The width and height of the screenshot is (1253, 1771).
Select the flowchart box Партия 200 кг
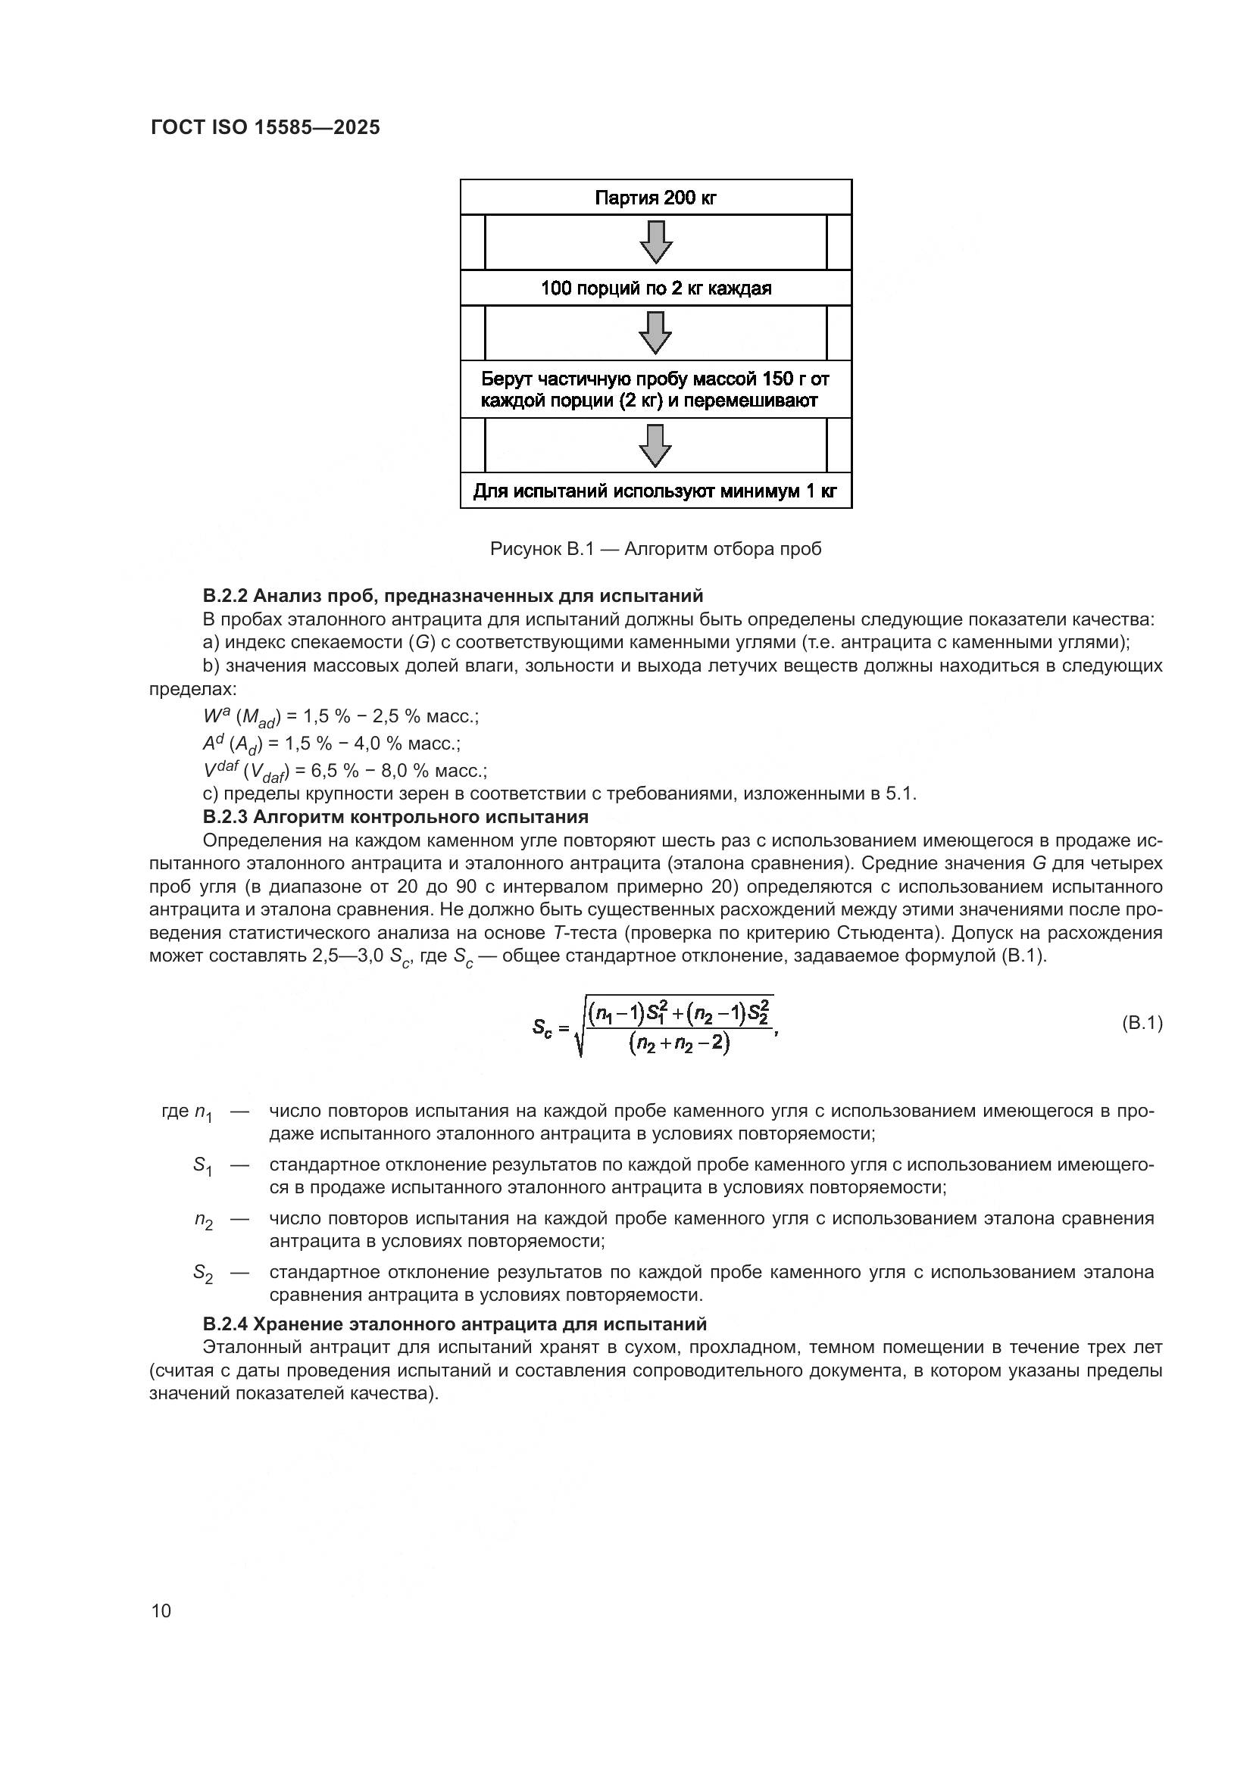click(656, 198)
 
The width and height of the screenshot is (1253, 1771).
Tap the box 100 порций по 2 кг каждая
click(656, 288)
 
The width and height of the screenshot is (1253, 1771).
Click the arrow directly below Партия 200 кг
click(656, 242)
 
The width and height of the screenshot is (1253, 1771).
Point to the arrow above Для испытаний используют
click(656, 445)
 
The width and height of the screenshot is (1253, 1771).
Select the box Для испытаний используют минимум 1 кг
click(656, 491)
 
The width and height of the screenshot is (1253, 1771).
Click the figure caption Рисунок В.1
click(656, 549)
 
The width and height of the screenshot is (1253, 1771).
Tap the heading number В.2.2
click(225, 595)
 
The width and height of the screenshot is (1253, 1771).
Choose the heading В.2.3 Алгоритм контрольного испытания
click(395, 816)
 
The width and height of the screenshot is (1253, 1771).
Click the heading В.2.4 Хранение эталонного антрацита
click(455, 1324)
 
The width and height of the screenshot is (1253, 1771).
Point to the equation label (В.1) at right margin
click(1141, 1023)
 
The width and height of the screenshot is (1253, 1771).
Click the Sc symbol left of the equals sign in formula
click(542, 1027)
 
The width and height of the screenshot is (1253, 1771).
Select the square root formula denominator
click(679, 1044)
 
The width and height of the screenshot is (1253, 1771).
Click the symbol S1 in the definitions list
click(202, 1165)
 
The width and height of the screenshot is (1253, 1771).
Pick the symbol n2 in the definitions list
click(203, 1220)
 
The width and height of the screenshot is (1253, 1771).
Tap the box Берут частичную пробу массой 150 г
click(656, 389)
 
